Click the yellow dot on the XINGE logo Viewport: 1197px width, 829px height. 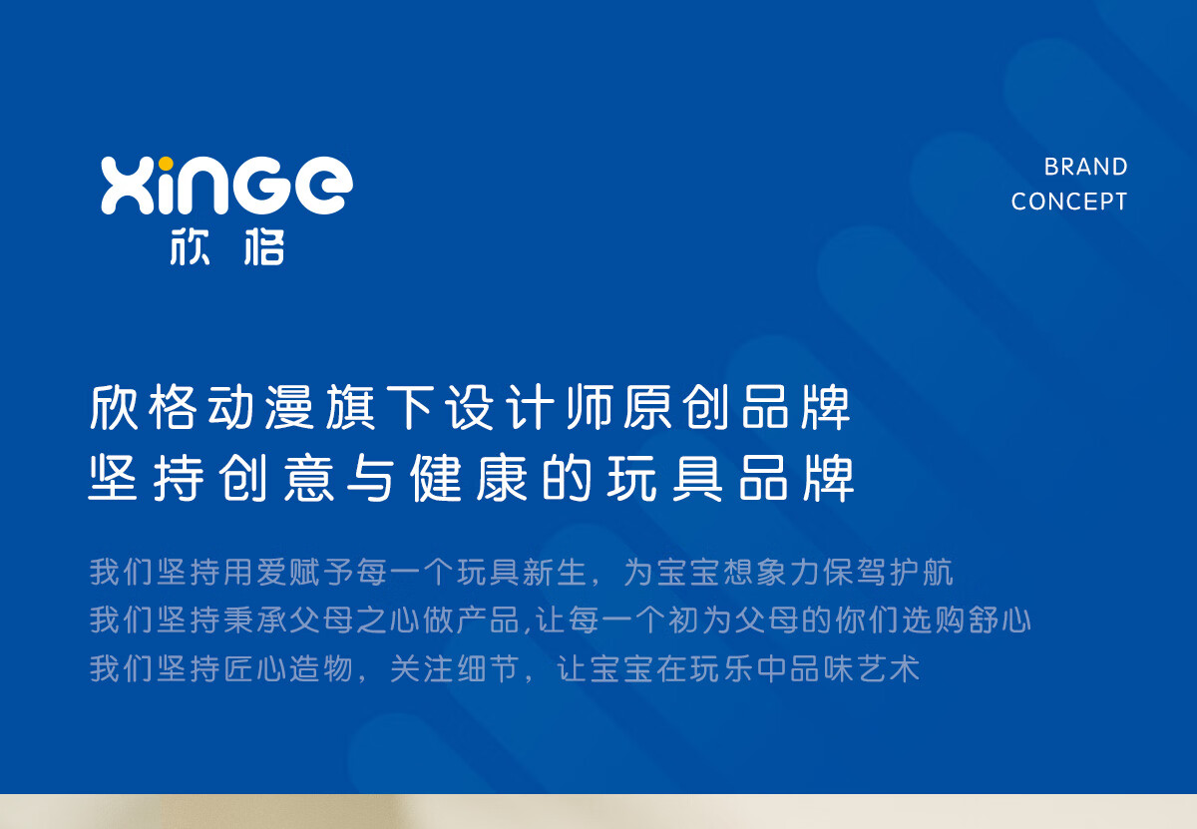167,163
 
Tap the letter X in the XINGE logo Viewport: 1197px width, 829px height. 128,186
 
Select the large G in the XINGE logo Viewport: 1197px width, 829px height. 260,186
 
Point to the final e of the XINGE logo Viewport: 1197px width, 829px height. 324,186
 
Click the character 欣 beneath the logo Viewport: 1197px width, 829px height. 190,247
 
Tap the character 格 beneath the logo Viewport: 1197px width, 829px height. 264,247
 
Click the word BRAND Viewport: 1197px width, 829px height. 1086,167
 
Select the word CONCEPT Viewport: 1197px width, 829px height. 1069,203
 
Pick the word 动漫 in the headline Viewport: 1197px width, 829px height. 260,407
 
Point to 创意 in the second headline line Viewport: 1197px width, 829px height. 276,478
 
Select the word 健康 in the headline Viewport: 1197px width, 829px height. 470,478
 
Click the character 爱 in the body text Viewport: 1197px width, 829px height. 272,572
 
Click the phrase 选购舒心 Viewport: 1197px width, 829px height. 967,621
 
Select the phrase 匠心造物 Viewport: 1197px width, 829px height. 288,668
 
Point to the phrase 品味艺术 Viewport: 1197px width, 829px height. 855,668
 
